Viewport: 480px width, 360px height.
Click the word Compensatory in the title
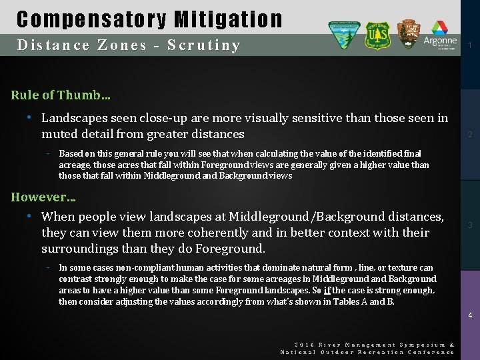tap(83, 19)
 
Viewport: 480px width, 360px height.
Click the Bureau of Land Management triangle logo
tap(344, 35)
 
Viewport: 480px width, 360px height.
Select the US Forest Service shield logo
tap(377, 35)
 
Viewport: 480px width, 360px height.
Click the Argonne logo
tap(440, 35)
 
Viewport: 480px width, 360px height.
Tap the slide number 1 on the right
tap(470, 45)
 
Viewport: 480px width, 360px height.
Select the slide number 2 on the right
tap(470, 135)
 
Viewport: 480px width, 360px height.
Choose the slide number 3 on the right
tap(470, 225)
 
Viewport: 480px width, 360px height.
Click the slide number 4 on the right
tap(470, 315)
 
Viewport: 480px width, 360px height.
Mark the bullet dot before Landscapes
tap(29, 118)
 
